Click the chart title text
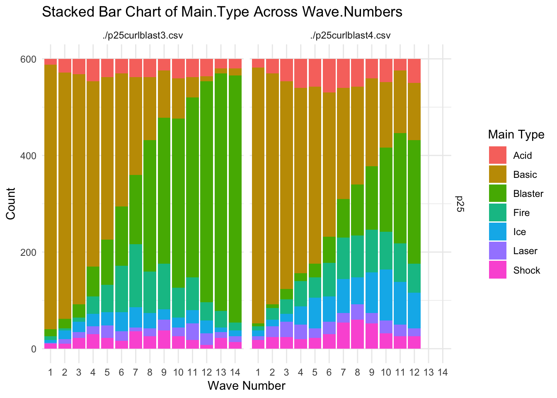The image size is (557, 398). click(x=222, y=12)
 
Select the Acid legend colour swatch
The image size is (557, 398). click(x=497, y=155)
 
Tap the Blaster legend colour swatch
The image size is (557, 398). click(x=497, y=194)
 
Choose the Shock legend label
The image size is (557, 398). click(x=526, y=270)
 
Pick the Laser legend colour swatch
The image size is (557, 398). click(x=497, y=251)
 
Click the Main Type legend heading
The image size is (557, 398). click(x=516, y=134)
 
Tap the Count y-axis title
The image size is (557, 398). click(x=11, y=204)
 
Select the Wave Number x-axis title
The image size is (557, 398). click(x=246, y=386)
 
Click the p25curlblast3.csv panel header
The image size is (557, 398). click(x=143, y=36)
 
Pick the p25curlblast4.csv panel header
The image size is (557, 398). click(x=350, y=36)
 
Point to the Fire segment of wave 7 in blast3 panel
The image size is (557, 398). click(x=136, y=276)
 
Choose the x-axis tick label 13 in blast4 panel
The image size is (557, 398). click(x=429, y=372)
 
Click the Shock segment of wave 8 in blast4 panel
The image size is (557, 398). click(x=357, y=334)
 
